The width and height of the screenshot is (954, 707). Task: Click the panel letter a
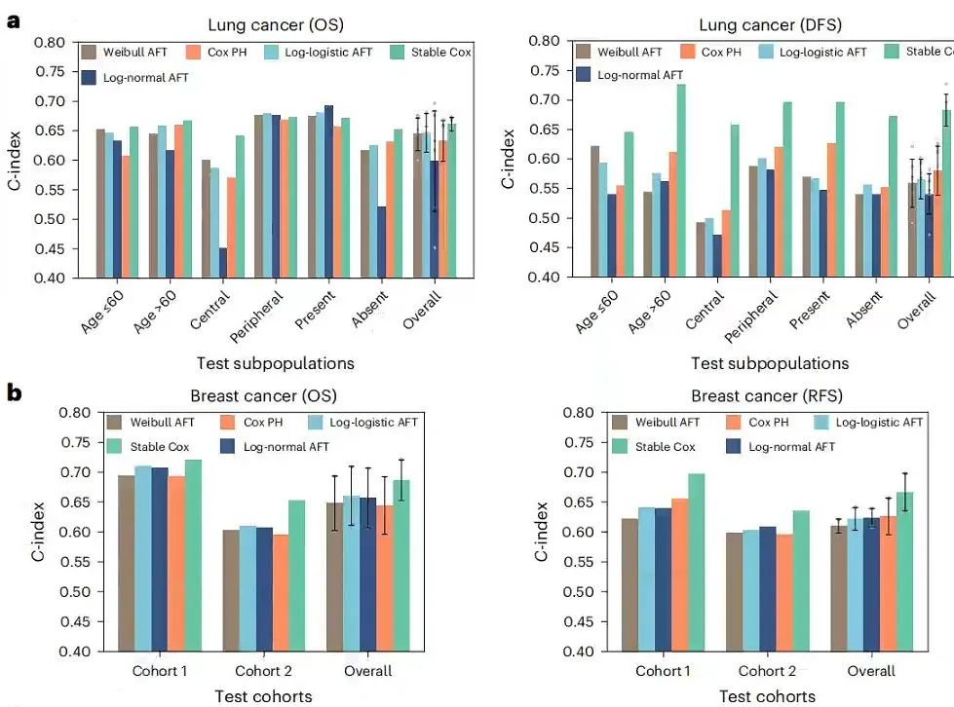coord(13,20)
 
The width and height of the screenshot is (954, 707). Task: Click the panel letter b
coord(14,393)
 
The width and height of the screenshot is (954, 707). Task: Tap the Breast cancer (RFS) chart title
coord(766,395)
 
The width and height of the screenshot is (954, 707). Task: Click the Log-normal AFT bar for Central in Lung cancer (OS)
coord(222,263)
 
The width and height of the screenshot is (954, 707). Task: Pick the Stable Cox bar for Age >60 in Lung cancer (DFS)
coord(680,181)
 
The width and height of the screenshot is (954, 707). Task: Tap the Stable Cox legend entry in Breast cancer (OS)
coord(150,446)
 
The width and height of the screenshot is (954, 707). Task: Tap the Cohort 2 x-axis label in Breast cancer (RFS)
coord(767,671)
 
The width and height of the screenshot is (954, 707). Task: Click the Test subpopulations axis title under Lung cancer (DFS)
coord(769,363)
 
